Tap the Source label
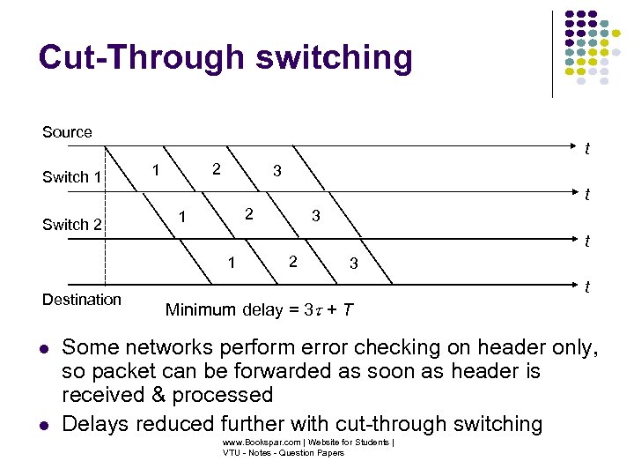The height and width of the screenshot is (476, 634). tap(67, 132)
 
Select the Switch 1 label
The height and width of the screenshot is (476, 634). tap(72, 177)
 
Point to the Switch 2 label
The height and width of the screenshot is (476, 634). tap(72, 224)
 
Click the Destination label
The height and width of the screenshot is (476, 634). tap(82, 300)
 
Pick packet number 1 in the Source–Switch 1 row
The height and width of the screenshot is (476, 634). tap(155, 168)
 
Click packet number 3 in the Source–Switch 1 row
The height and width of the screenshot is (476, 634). tap(276, 171)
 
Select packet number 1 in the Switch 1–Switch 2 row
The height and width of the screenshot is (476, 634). tap(182, 216)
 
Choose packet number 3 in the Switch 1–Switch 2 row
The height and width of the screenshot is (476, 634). tap(314, 216)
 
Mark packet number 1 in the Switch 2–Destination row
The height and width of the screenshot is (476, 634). tap(231, 262)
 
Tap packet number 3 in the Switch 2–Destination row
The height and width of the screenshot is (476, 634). tap(353, 263)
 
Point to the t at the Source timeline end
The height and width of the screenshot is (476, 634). tap(586, 150)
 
